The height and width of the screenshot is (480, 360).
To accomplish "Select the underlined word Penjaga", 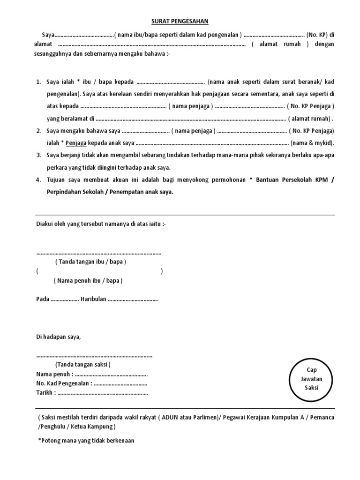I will click(75, 142).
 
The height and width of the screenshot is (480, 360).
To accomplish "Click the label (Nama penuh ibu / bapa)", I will click(88, 280).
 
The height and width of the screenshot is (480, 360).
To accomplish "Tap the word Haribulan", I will click(93, 299).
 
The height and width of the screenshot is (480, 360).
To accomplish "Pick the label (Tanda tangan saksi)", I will click(82, 365).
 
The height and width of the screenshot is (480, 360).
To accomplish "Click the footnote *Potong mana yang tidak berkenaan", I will click(85, 440).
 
